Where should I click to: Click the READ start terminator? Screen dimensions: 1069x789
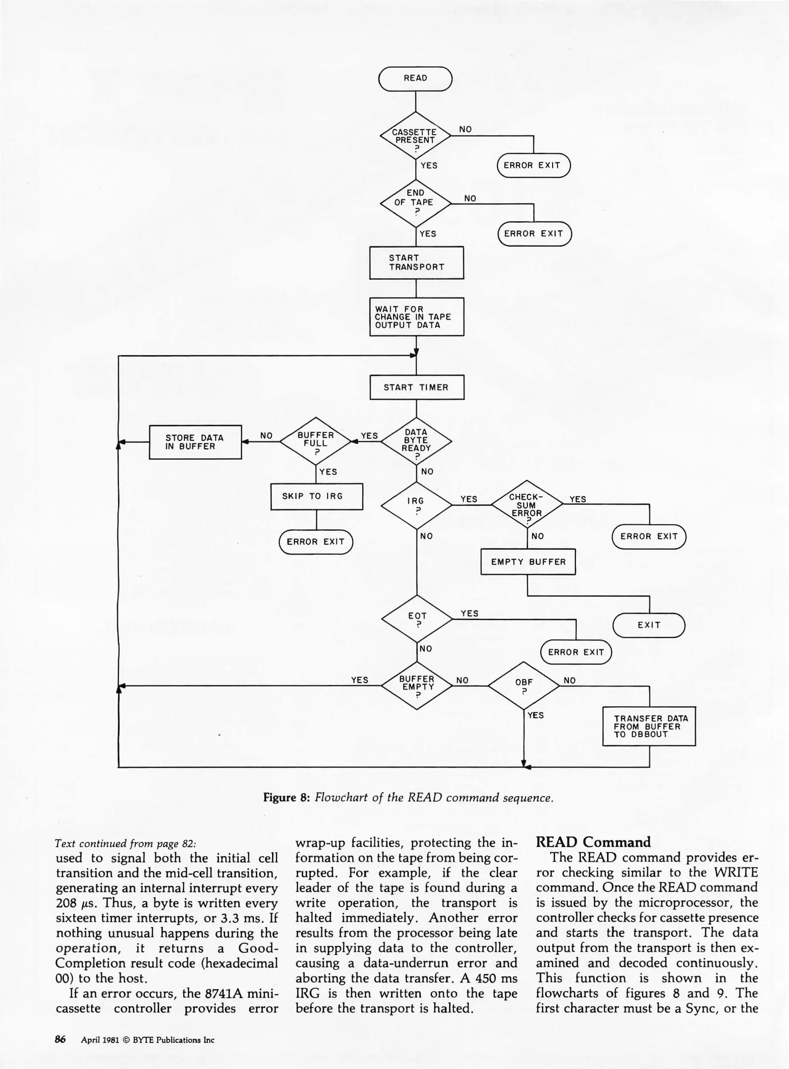415,79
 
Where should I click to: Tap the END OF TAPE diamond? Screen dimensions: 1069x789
415,202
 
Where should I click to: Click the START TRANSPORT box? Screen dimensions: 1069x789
417,262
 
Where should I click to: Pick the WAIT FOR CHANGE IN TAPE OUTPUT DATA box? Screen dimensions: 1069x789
417,317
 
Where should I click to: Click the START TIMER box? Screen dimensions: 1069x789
417,387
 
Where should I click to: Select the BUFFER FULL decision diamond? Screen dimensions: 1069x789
316,442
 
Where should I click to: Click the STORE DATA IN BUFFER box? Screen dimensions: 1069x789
195,442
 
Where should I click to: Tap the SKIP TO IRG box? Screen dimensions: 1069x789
317,496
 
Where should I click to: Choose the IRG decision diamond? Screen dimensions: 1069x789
417,505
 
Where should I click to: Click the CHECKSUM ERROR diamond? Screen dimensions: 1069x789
527,505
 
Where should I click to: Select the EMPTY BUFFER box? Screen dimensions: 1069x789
528,562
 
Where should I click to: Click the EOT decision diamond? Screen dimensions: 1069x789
417,619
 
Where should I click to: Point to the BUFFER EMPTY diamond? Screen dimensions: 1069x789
417,685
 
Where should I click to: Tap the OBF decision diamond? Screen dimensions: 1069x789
524,685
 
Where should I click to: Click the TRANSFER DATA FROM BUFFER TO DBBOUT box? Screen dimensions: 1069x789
649,726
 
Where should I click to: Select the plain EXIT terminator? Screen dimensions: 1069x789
649,625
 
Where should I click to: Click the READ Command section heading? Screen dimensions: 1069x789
593,842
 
